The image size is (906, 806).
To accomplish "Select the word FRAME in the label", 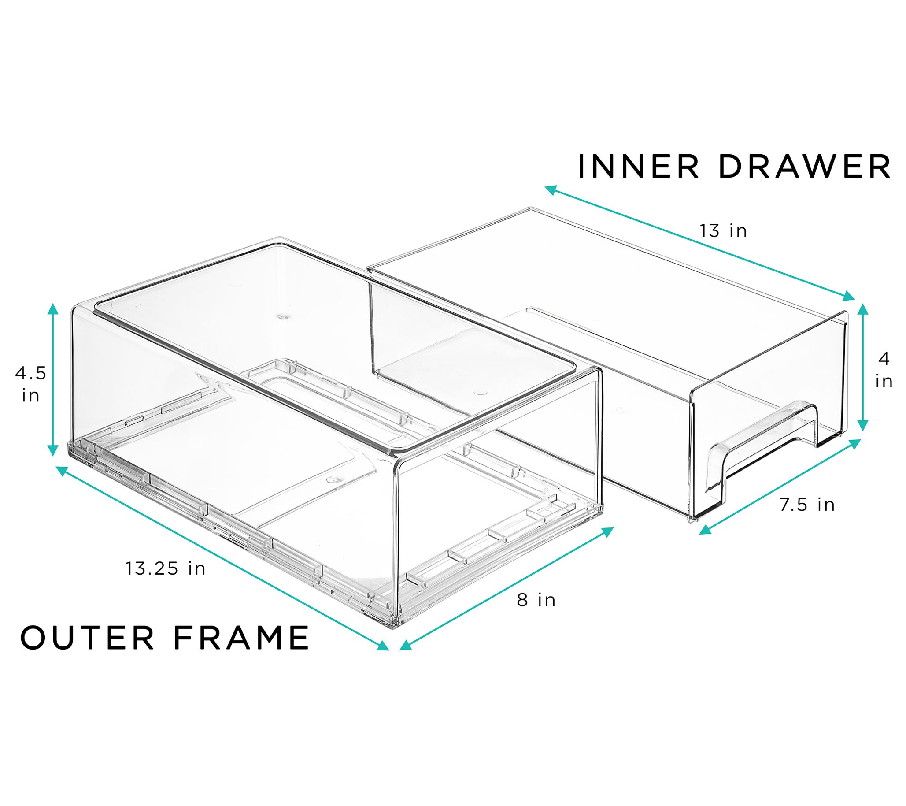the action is click(x=241, y=637).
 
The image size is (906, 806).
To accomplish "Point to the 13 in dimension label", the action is click(x=723, y=231).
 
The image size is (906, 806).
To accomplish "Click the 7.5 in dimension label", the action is click(x=807, y=505).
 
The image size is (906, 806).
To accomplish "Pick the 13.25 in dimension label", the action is click(x=166, y=568).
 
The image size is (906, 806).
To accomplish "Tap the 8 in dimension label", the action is click(x=536, y=600).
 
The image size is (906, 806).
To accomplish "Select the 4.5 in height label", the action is click(x=30, y=384).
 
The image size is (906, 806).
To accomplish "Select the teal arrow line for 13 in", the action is click(x=699, y=244).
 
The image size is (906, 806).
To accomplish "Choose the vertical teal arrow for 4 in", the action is click(x=862, y=367).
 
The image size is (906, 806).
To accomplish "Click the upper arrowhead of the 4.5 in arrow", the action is click(x=53, y=309).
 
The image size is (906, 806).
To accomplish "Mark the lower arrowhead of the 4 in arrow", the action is click(x=862, y=425).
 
